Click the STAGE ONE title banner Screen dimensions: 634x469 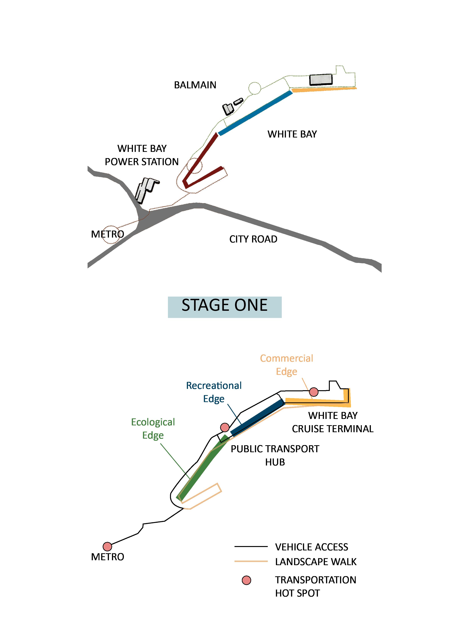click(224, 307)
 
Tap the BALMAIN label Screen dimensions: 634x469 click(195, 85)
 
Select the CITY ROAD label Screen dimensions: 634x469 click(253, 239)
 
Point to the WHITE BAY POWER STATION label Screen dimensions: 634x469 click(142, 155)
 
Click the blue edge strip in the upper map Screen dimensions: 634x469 click(255, 113)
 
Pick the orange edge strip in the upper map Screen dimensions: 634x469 click(324, 90)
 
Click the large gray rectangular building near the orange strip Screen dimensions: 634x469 click(321, 79)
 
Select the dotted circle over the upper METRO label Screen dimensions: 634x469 click(111, 235)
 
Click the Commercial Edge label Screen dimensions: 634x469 click(287, 365)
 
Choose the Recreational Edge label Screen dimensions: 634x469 click(214, 392)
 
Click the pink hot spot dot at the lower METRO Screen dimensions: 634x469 click(107, 546)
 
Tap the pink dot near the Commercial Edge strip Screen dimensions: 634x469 click(314, 392)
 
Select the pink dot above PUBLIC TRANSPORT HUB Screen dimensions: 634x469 click(225, 427)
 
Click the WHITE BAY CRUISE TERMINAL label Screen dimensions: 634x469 click(332, 422)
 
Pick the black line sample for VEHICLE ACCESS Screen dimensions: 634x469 click(251, 547)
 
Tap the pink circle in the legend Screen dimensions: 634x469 click(246, 580)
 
